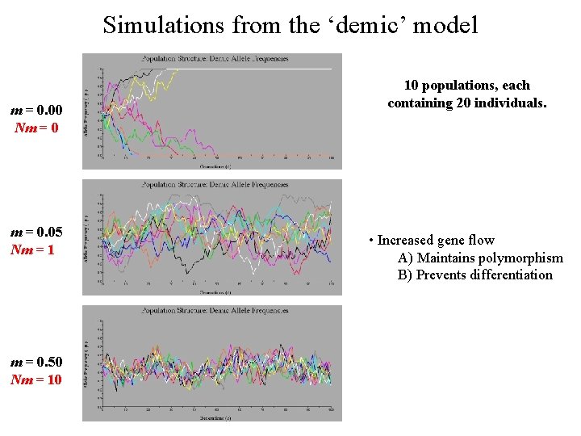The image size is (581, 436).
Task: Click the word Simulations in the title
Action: pos(164,25)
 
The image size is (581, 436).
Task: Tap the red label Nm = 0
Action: pos(36,128)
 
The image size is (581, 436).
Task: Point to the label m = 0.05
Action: pos(36,232)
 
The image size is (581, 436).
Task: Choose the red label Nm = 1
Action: pos(33,249)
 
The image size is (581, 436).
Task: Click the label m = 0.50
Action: pos(36,361)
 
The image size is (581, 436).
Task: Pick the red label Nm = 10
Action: pos(36,379)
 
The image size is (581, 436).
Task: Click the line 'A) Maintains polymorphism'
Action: pos(480,258)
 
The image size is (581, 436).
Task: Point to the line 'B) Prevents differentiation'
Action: pos(475,275)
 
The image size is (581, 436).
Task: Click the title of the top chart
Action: pos(215,59)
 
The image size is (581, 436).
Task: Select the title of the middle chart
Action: pos(215,184)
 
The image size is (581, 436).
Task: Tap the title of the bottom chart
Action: pos(215,310)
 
